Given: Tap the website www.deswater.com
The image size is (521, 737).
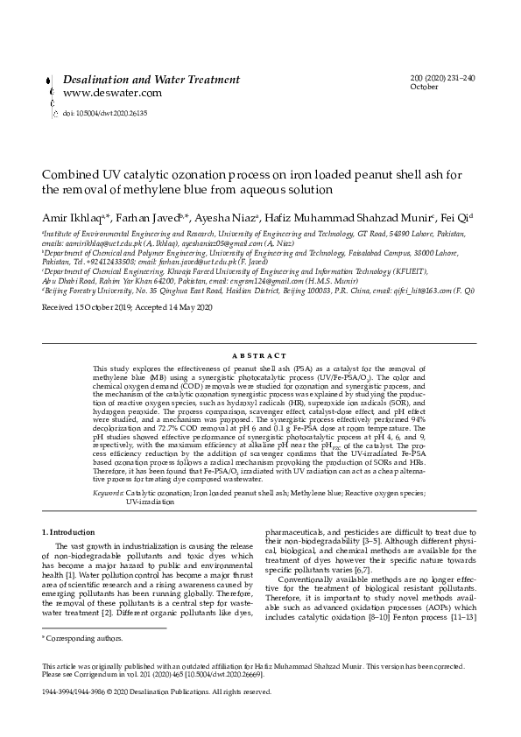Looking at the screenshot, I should (100, 93).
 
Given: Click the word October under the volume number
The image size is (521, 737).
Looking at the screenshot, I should (424, 87).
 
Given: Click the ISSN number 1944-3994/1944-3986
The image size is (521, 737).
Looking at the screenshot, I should (82, 691).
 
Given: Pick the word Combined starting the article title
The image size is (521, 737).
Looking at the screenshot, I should (69, 174).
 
